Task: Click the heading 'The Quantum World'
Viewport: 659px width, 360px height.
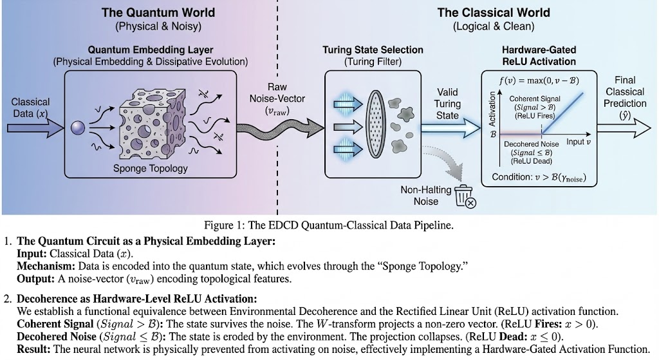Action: click(x=158, y=12)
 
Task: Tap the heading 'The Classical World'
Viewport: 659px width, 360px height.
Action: click(x=494, y=12)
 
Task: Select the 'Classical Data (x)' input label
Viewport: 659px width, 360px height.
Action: click(x=30, y=108)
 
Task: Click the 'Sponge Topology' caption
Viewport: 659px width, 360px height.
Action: click(x=151, y=169)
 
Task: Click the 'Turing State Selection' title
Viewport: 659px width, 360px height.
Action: click(x=373, y=50)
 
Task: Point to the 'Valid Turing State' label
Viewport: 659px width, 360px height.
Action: click(x=447, y=104)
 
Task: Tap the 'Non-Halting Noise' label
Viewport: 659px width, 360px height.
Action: click(x=420, y=195)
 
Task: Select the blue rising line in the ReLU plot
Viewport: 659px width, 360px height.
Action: click(x=564, y=112)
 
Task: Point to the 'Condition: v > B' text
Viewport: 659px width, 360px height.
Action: click(x=539, y=177)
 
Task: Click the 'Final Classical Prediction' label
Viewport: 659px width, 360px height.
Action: click(x=625, y=97)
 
